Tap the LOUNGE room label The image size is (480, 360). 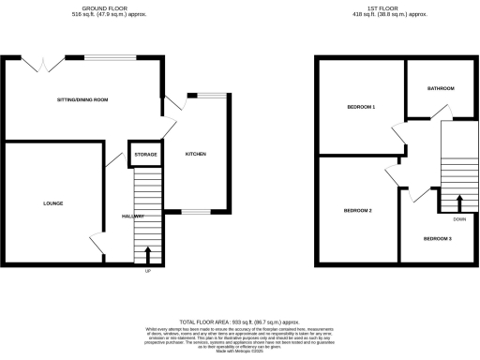[x=52, y=202]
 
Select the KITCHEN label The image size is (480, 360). [x=195, y=154]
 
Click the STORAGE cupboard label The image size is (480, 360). [x=144, y=154]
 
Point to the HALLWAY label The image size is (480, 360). [x=133, y=217]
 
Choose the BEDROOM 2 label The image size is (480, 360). [x=357, y=210]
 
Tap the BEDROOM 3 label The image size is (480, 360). [x=436, y=239]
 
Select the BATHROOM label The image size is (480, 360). [x=441, y=88]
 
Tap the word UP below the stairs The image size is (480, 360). [x=147, y=272]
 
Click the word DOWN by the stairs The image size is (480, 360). [x=458, y=219]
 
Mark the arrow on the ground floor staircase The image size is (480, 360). [x=147, y=255]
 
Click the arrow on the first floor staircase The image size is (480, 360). [x=458, y=203]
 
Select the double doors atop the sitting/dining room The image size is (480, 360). [x=43, y=64]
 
